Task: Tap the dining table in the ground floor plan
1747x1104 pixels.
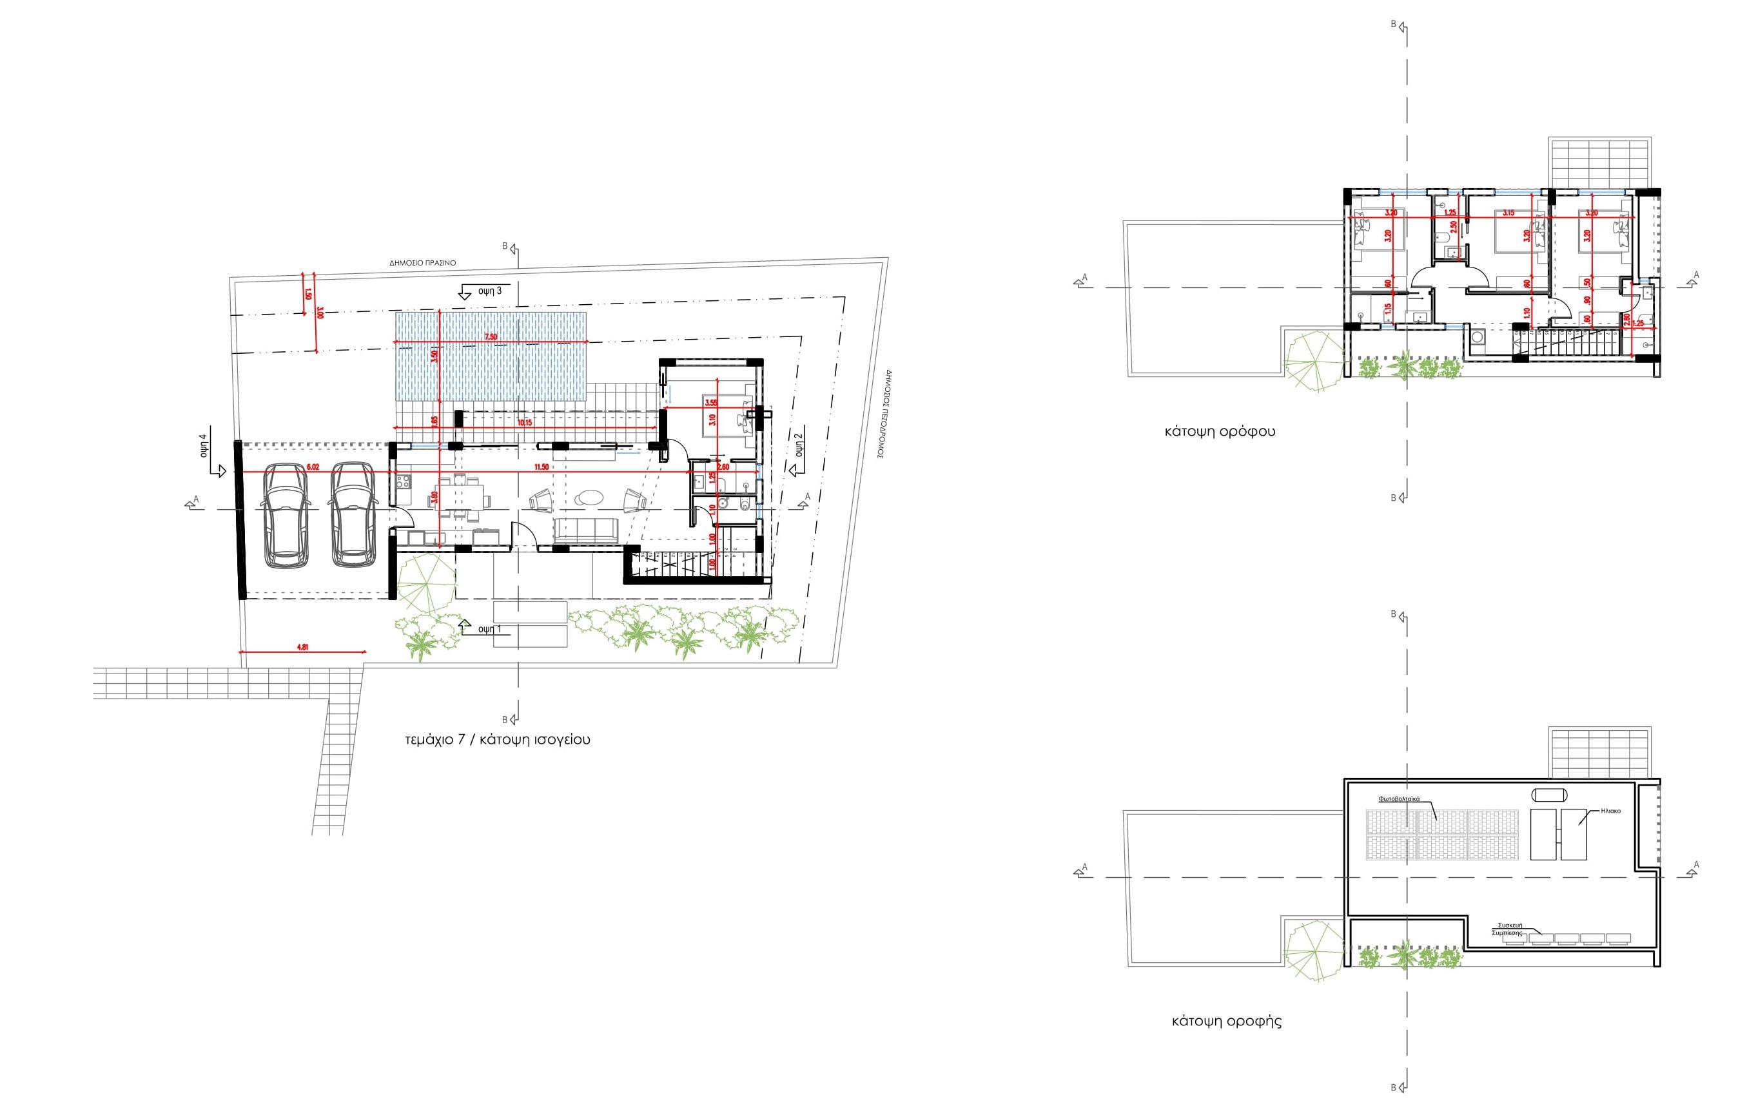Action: (x=462, y=498)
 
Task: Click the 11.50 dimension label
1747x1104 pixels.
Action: (x=540, y=468)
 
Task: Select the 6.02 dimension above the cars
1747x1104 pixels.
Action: (x=313, y=468)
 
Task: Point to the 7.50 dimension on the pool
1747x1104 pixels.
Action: (x=491, y=337)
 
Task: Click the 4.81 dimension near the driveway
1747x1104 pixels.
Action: (x=302, y=647)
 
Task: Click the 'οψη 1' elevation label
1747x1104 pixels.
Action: (x=490, y=628)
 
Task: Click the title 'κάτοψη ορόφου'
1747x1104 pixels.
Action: (x=1219, y=432)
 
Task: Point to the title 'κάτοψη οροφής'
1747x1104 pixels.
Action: (x=1227, y=1022)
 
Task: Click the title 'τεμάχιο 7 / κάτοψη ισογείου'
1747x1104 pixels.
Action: (x=497, y=740)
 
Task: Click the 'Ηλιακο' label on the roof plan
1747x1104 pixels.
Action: (x=1610, y=811)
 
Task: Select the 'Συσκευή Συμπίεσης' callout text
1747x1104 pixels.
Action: (x=1510, y=929)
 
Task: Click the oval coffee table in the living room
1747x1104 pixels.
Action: (x=589, y=499)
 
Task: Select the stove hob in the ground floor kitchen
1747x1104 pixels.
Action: (x=404, y=481)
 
